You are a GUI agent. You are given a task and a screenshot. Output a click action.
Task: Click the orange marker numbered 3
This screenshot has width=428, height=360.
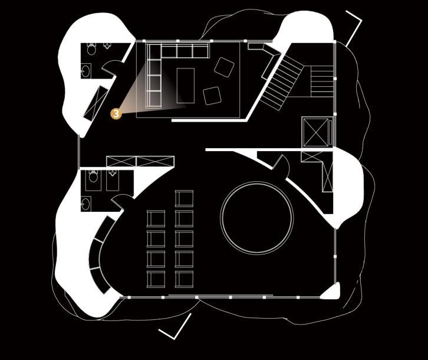coord(116,113)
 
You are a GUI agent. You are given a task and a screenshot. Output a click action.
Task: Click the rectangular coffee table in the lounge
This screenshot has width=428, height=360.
coord(185,85)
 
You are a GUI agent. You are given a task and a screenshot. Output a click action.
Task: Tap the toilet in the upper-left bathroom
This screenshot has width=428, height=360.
coord(92,49)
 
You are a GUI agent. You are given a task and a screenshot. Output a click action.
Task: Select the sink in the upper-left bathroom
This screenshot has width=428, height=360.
coord(86,72)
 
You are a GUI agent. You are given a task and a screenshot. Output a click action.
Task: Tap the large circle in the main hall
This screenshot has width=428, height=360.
coord(256,217)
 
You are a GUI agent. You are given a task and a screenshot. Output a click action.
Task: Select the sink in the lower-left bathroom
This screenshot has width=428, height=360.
coord(86,204)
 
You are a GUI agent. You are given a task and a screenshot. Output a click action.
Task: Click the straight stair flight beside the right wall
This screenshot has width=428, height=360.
coord(322,81)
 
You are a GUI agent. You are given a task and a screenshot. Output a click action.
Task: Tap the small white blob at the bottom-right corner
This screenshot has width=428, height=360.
coord(331,292)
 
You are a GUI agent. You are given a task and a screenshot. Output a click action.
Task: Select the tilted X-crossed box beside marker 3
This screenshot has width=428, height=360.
coord(96,103)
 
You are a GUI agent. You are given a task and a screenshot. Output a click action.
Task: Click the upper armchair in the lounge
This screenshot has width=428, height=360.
coord(224,67)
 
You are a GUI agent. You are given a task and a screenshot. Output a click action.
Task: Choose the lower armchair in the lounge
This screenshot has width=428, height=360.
coord(212,95)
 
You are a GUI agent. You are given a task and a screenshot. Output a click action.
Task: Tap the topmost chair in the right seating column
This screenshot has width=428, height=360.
coord(184,198)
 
